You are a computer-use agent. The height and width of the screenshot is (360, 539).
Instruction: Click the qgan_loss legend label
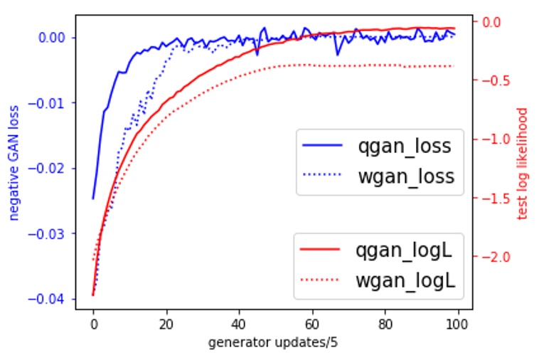tap(405, 147)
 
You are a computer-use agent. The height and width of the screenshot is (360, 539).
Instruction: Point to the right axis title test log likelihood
tap(523, 164)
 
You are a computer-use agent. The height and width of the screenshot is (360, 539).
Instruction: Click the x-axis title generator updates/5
tap(273, 343)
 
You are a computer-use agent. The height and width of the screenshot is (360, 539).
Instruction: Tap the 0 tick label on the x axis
tap(93, 324)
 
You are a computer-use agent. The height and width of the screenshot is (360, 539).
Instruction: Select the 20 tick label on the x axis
tap(166, 324)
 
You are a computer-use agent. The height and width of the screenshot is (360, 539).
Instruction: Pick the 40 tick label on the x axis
tap(239, 324)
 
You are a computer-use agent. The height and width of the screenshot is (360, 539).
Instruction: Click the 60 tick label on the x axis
tap(312, 324)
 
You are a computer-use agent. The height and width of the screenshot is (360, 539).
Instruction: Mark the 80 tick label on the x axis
tap(385, 324)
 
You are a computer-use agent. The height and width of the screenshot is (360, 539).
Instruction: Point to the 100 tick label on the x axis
tap(458, 324)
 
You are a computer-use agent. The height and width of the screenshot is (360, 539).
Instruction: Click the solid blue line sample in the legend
tap(322, 147)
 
